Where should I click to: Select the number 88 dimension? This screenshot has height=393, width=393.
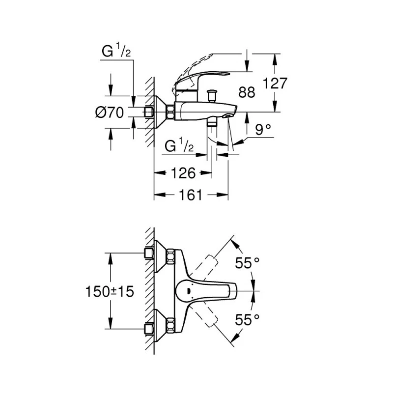247,92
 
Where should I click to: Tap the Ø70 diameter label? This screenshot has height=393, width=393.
109,113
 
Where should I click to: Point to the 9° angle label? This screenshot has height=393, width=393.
263,130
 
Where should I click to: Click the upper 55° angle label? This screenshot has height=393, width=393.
247,263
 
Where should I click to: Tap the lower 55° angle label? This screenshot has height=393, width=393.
247,320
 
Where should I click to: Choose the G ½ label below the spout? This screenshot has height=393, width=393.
180,146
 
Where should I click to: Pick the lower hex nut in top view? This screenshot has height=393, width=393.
170,324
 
